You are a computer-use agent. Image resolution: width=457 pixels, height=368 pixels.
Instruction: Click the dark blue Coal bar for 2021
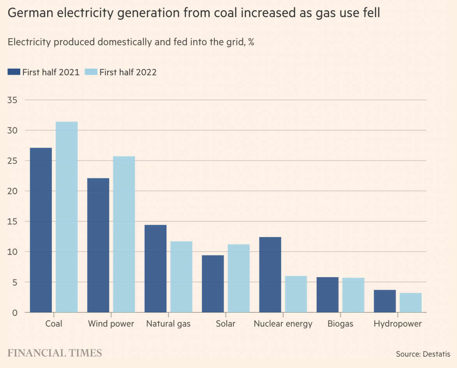tap(41, 230)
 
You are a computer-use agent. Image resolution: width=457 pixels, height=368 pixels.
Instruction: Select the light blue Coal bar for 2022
tap(67, 217)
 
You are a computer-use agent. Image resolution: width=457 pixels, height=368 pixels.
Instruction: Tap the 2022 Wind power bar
tap(124, 234)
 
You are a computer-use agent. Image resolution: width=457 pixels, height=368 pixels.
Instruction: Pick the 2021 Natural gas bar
tap(155, 269)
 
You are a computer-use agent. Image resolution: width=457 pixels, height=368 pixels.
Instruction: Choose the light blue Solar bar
tap(238, 278)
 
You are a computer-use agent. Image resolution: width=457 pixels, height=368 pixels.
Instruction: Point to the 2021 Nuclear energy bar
tap(270, 275)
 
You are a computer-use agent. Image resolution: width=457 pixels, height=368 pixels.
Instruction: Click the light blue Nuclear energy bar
tap(296, 294)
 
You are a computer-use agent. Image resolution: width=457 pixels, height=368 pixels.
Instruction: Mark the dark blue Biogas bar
tap(327, 295)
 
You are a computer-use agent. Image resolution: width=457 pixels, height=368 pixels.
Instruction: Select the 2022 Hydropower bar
tap(411, 303)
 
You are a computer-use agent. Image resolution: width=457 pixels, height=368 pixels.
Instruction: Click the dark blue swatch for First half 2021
tap(14, 72)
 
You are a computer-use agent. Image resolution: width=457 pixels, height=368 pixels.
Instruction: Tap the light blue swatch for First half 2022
tap(91, 72)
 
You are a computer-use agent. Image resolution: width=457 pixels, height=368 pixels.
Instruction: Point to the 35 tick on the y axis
tap(12, 100)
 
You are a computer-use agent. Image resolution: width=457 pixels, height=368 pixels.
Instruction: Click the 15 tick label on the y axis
tap(12, 222)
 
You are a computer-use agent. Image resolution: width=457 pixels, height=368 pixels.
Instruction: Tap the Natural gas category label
tap(168, 324)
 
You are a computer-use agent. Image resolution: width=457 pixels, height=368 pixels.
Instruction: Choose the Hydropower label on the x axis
tap(397, 324)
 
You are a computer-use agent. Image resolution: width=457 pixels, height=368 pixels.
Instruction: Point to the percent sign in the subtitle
tap(251, 42)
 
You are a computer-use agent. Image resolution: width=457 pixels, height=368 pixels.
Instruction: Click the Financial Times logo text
tap(55, 353)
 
